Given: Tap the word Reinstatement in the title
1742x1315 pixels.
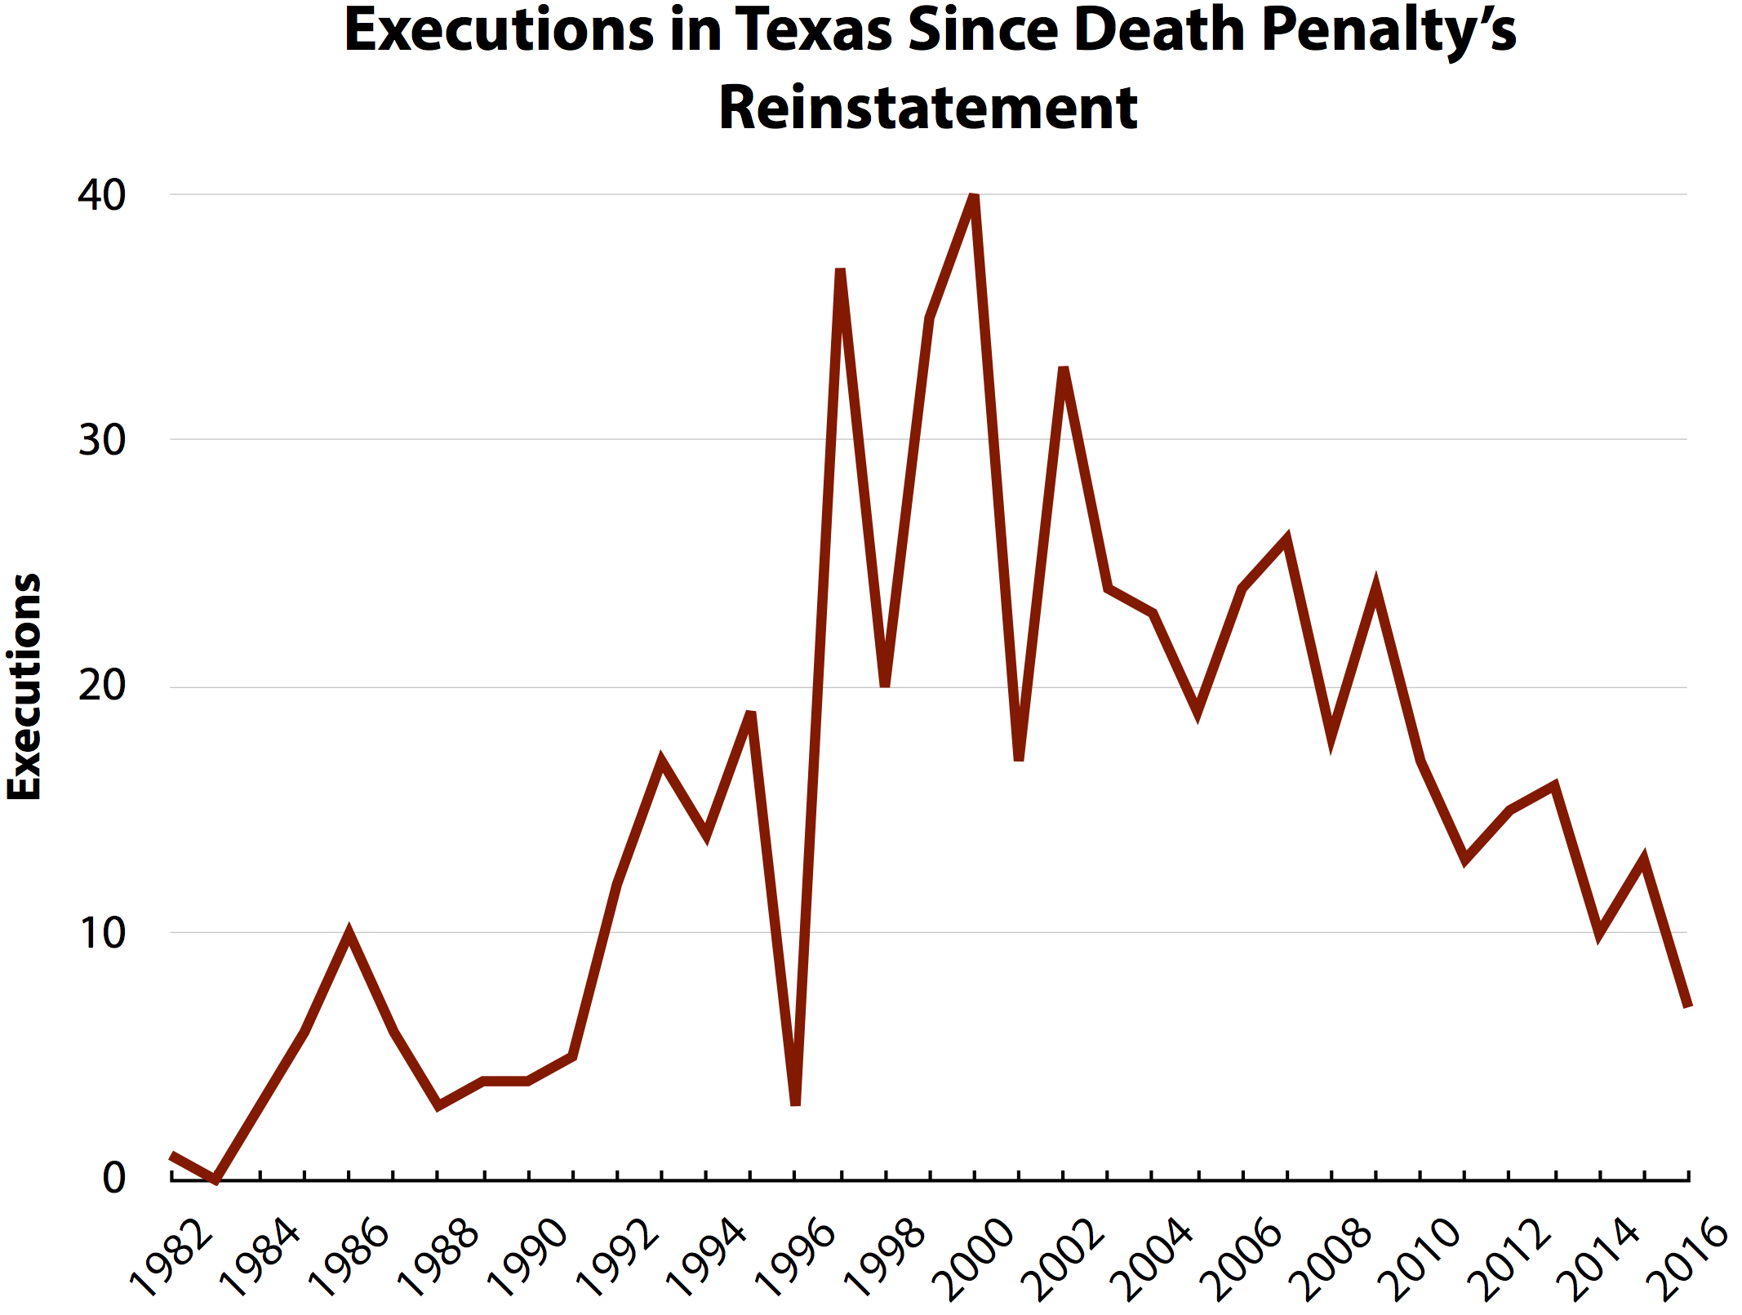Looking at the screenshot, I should [x=928, y=108].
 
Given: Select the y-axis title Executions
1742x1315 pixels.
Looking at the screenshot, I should [x=24, y=686].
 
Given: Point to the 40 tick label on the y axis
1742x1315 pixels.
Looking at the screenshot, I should [x=102, y=195].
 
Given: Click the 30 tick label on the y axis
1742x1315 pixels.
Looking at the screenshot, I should [x=102, y=441].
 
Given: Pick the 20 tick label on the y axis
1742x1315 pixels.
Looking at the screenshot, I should [x=102, y=686].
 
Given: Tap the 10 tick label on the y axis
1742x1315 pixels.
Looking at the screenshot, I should [x=102, y=933].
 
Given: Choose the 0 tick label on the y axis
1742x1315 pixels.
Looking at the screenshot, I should [x=114, y=1178].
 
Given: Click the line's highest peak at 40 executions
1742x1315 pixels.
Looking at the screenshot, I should [x=973, y=196].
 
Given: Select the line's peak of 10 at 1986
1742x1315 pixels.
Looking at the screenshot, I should [x=349, y=933].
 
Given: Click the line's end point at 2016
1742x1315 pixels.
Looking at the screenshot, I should [x=1687, y=1006].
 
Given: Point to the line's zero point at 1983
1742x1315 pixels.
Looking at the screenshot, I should [x=216, y=1178].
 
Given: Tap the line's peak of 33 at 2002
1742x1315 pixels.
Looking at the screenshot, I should [x=1063, y=369].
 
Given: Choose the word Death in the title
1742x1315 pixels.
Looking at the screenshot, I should [x=1161, y=31].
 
